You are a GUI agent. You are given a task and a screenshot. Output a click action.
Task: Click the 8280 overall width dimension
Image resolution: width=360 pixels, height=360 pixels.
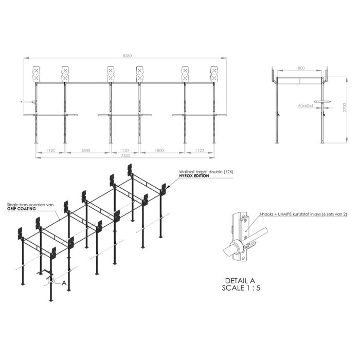(x=127, y=56)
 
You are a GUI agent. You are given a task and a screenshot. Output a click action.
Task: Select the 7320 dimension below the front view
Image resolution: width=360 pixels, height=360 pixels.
(x=125, y=155)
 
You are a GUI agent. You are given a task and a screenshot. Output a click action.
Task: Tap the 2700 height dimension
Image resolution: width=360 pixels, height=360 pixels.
(x=345, y=107)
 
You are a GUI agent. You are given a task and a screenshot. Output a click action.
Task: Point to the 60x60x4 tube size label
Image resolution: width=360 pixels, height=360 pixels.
(x=306, y=105)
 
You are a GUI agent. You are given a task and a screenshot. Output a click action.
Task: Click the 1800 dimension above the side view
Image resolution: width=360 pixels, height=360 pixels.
(x=300, y=68)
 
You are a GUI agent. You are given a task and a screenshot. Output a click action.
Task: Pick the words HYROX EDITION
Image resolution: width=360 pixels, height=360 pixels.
(x=194, y=176)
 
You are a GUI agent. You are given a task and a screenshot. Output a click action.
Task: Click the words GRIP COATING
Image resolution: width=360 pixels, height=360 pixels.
(x=22, y=209)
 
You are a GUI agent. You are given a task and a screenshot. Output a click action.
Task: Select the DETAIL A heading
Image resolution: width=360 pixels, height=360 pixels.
(x=240, y=281)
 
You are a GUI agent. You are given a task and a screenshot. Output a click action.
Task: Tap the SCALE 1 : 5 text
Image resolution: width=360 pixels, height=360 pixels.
(x=241, y=288)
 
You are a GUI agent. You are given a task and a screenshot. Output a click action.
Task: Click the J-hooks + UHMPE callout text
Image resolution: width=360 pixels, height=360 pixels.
(x=303, y=214)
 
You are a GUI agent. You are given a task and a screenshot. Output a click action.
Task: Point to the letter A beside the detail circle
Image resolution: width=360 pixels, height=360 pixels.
(x=64, y=283)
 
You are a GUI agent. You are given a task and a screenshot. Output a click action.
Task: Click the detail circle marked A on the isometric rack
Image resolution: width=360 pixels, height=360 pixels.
(x=51, y=281)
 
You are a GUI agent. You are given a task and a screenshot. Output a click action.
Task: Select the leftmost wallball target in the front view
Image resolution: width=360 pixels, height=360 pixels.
(x=37, y=74)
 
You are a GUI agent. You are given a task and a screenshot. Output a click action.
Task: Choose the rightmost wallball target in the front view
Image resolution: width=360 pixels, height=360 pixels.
(x=214, y=74)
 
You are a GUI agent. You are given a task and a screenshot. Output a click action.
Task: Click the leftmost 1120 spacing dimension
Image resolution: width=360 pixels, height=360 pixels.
(x=50, y=150)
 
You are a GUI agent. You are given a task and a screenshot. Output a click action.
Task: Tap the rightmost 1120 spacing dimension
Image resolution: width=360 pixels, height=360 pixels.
(x=200, y=150)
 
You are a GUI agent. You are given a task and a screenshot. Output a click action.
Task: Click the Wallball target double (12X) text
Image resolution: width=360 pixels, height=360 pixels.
(x=206, y=172)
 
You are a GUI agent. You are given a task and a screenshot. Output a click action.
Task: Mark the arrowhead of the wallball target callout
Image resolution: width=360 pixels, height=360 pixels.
(x=169, y=187)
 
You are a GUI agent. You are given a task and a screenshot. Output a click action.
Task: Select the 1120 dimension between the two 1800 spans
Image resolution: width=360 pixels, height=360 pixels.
(x=124, y=150)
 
